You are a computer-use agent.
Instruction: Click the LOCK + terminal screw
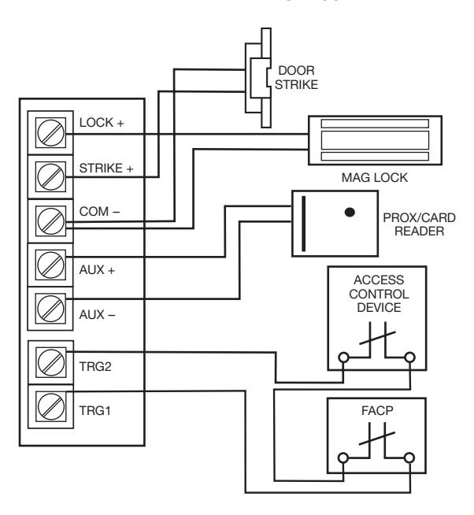point(50,133)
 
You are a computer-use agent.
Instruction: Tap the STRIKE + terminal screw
point(50,176)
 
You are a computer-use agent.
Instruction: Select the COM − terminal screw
point(50,220)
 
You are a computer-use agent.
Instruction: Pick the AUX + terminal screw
point(50,265)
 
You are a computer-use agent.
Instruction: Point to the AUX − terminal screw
point(50,309)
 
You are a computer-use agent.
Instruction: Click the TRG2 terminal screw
point(51,362)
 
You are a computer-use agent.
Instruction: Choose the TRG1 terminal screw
point(51,406)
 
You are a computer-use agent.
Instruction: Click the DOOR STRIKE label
point(296,77)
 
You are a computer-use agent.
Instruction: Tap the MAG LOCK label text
point(375,178)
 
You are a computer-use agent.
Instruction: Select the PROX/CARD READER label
point(419,224)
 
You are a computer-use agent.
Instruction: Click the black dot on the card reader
point(350,212)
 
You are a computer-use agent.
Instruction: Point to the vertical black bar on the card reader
point(303,224)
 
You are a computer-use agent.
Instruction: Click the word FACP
point(377,410)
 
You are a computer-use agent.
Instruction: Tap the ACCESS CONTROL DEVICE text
point(379,294)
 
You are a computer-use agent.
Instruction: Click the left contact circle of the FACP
point(343,458)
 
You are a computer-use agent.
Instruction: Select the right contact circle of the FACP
point(409,458)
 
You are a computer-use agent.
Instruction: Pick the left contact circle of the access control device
point(343,358)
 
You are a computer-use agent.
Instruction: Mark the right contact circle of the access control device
point(410,358)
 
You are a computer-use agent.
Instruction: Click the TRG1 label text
point(95,410)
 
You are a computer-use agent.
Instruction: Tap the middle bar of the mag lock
point(375,140)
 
